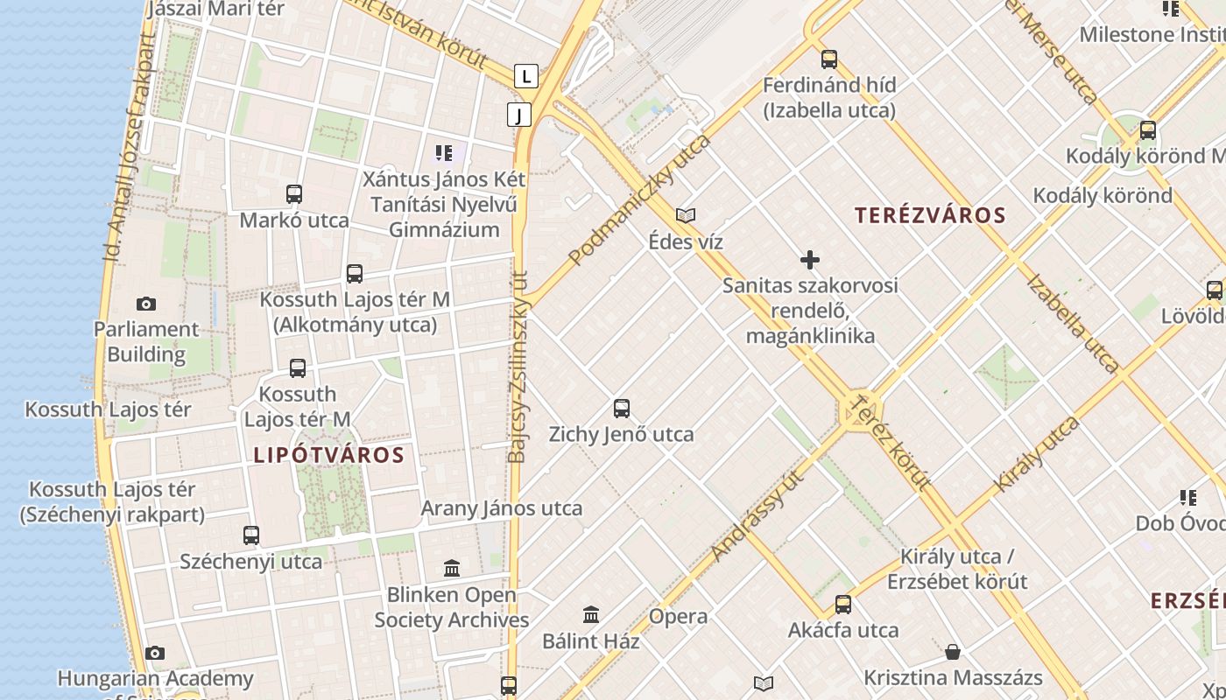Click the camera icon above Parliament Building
[146, 304]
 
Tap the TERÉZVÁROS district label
[930, 215]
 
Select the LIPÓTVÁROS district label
[329, 455]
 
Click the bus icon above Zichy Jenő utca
[622, 408]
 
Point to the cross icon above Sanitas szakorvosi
[810, 260]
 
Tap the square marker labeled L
[525, 76]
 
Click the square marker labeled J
[519, 115]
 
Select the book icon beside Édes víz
[686, 215]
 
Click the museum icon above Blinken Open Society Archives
[452, 569]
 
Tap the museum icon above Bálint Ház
[591, 615]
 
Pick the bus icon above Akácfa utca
[843, 604]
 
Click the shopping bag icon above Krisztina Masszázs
[953, 652]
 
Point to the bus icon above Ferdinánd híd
[829, 59]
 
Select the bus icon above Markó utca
[294, 194]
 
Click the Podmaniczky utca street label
[639, 199]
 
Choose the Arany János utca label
[502, 508]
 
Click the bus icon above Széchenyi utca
[251, 535]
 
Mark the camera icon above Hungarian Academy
[155, 653]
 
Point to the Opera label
[678, 616]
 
